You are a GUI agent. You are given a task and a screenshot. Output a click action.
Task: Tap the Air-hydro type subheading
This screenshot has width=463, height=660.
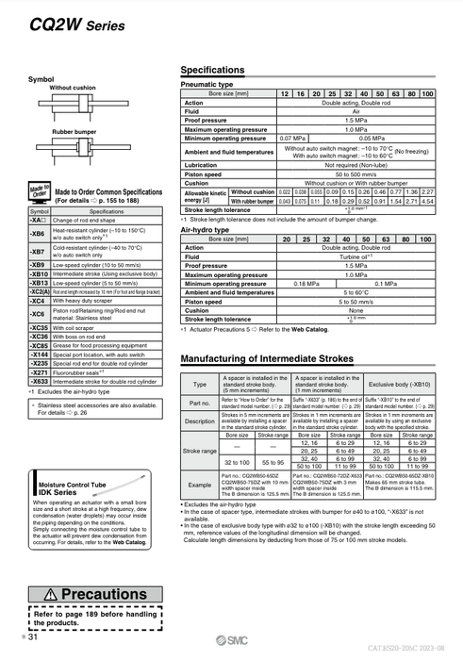pos(206,229)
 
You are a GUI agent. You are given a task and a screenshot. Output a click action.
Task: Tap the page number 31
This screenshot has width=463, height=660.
pos(32,639)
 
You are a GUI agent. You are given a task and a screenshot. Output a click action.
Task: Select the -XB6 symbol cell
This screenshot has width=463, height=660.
pos(39,233)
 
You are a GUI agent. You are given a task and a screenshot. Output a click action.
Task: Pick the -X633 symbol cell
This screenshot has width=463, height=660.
pos(39,381)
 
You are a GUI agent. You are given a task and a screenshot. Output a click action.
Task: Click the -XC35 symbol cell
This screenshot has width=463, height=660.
pos(39,327)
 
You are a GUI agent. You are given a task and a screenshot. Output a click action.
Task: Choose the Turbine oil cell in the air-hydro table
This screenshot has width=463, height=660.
pos(354,256)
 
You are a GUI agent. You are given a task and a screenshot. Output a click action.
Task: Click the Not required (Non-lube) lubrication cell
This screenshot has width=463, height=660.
pos(354,164)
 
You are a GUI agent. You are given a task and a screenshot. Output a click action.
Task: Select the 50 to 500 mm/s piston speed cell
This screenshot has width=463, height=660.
pos(354,173)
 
